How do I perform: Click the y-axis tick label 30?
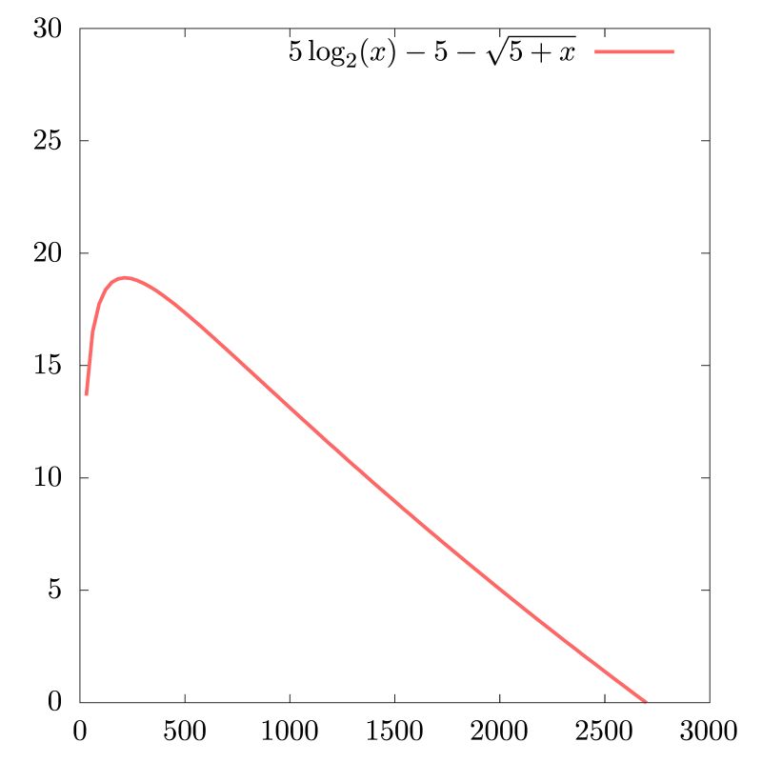pyautogui.click(x=49, y=30)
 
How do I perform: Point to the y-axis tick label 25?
pyautogui.click(x=49, y=141)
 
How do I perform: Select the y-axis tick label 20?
pyautogui.click(x=49, y=253)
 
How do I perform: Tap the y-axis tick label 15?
pyautogui.click(x=49, y=366)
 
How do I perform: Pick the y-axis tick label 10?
pyautogui.click(x=49, y=478)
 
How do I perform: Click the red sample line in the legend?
pyautogui.click(x=634, y=51)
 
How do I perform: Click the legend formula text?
pyautogui.click(x=432, y=52)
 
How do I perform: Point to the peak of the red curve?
pyautogui.click(x=125, y=277)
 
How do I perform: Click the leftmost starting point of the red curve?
pyautogui.click(x=86, y=393)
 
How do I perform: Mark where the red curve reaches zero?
pyautogui.click(x=646, y=702)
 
